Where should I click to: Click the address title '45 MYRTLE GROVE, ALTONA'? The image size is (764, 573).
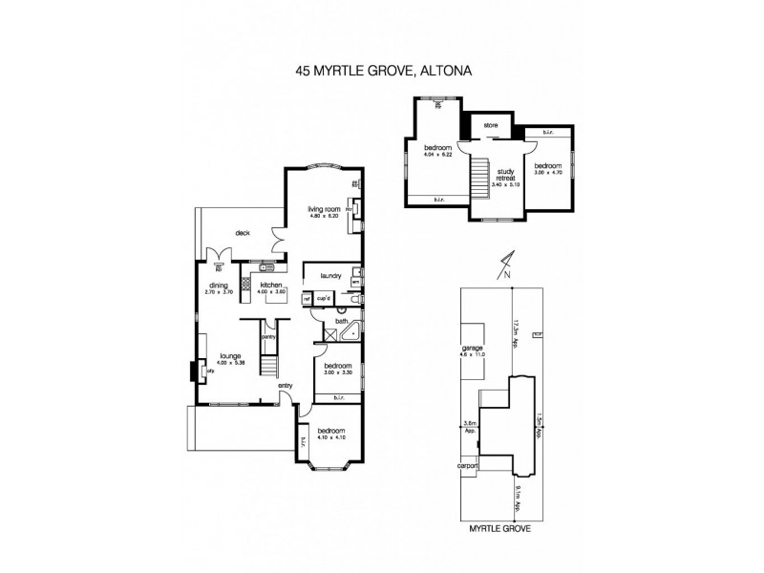click(382, 70)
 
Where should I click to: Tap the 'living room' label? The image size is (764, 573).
click(324, 209)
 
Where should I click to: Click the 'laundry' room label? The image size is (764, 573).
click(330, 276)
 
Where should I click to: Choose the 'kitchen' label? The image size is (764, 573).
click(270, 285)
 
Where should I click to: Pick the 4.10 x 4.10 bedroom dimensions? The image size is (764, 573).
click(330, 437)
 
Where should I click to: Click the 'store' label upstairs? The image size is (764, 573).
click(491, 125)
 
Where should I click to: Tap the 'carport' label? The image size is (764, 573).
click(467, 467)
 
